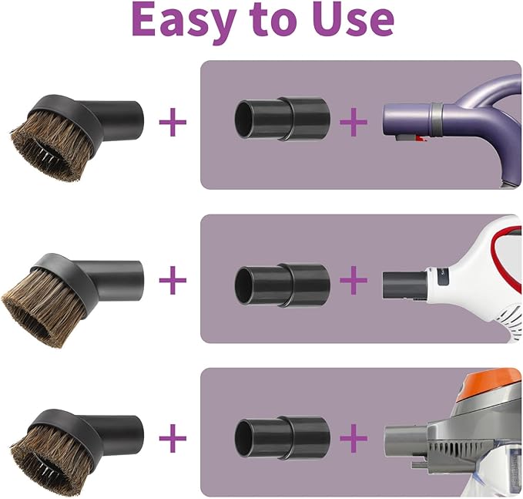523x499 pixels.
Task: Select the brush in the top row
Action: click(x=77, y=136)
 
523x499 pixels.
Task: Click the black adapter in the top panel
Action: click(x=282, y=119)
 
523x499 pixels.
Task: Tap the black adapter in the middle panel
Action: click(x=282, y=285)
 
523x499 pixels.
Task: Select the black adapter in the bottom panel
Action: click(x=282, y=437)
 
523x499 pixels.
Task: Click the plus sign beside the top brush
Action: click(x=173, y=122)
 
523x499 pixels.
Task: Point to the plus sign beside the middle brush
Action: click(x=173, y=280)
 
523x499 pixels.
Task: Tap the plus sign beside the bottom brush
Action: click(x=173, y=437)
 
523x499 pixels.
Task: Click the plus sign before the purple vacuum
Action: click(x=354, y=122)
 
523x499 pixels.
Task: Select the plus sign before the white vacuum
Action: click(x=354, y=280)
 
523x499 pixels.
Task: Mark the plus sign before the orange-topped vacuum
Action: click(x=354, y=437)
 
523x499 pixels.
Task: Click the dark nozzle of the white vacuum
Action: click(x=403, y=285)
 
